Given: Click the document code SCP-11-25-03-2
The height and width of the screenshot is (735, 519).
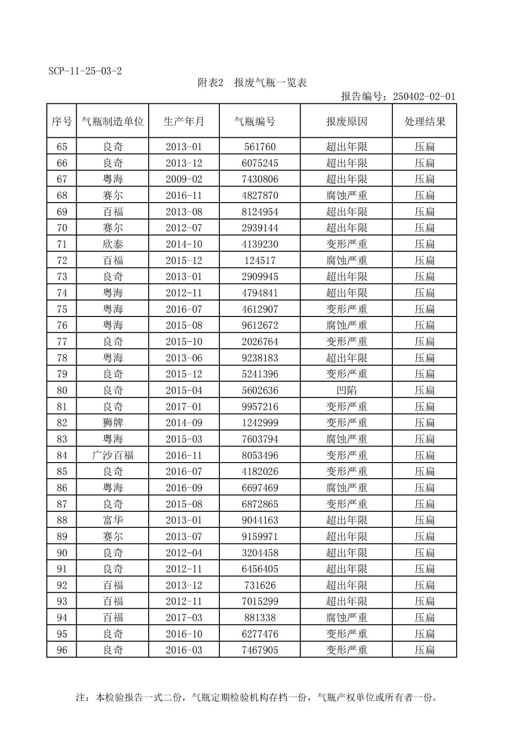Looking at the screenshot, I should [x=85, y=71].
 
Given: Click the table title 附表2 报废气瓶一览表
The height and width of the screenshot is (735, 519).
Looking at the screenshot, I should [x=252, y=83].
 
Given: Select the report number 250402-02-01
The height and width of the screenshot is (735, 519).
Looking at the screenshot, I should [x=424, y=96].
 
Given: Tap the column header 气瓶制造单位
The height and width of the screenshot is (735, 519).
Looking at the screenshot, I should [x=112, y=121].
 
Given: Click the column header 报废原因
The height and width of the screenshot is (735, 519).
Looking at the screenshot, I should [x=346, y=121].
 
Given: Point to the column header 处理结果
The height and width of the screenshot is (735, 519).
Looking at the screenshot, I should [x=424, y=121].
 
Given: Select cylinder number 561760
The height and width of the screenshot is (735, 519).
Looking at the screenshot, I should [x=260, y=147].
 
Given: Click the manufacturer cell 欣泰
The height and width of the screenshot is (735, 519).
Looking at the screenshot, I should [x=112, y=244].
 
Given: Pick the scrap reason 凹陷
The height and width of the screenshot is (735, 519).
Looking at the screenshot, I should [x=346, y=390].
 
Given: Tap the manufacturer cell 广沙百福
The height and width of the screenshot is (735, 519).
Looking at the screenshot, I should [x=112, y=455].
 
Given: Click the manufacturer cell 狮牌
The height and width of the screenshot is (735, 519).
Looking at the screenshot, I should [x=112, y=423].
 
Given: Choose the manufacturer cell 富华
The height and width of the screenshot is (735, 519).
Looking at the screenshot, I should [x=112, y=520].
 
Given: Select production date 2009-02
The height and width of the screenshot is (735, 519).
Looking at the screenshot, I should [x=184, y=179].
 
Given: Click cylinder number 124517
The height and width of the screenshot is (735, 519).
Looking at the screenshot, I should [x=260, y=260].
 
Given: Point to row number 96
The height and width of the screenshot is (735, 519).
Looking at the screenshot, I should [x=61, y=650].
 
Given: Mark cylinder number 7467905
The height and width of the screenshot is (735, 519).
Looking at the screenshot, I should [x=260, y=650].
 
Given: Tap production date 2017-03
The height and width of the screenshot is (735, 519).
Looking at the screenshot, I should [x=184, y=617].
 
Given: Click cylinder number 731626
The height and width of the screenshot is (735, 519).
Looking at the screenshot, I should [x=260, y=585].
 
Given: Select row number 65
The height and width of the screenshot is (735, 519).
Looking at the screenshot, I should [x=61, y=147].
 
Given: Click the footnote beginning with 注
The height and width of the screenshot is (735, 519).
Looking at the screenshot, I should [x=256, y=697].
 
